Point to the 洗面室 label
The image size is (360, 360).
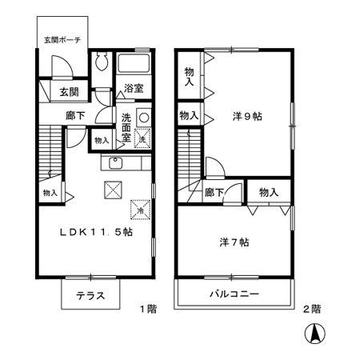(x=127, y=126)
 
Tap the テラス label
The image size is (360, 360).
(x=90, y=295)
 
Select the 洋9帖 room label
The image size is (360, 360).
(x=246, y=115)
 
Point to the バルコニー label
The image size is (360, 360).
(x=233, y=294)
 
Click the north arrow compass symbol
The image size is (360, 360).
(x=318, y=336)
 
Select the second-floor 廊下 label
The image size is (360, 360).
(x=213, y=192)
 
